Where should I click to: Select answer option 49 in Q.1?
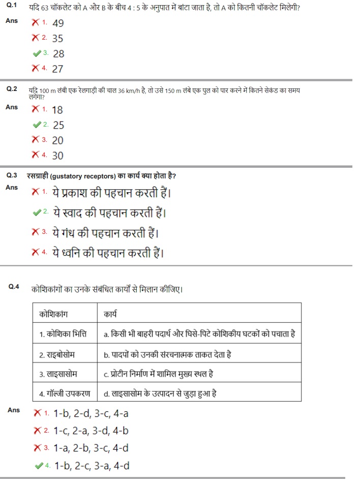coord(57,23)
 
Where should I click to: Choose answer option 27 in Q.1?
coord(57,69)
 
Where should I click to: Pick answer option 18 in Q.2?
coord(57,110)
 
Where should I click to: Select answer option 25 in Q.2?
coord(58,125)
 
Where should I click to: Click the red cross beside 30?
coord(36,155)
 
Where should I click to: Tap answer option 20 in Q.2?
coord(57,140)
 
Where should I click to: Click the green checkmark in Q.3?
coord(36,211)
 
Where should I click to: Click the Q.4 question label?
coord(14,287)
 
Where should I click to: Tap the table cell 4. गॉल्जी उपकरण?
coord(65,393)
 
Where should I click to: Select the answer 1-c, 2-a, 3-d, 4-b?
coord(91,431)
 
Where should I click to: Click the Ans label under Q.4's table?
coord(14,410)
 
